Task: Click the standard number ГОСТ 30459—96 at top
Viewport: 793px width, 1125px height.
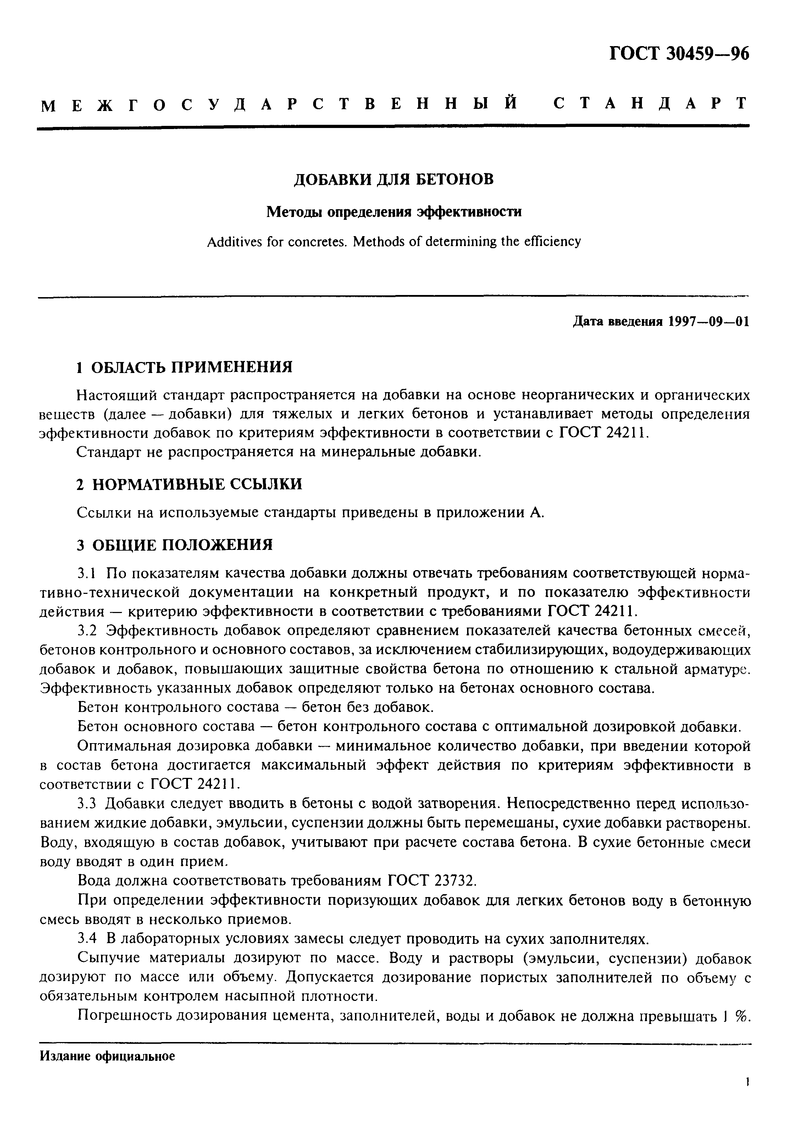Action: [679, 54]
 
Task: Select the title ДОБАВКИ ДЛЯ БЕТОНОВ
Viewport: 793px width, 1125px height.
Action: [394, 180]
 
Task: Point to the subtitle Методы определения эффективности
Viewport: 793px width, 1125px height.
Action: [394, 212]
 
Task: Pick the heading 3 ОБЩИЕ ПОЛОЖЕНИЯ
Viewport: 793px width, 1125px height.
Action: [175, 544]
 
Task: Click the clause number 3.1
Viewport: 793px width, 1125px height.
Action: [89, 573]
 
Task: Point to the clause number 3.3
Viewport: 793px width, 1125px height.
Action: [89, 803]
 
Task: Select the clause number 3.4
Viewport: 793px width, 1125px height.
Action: [89, 939]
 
